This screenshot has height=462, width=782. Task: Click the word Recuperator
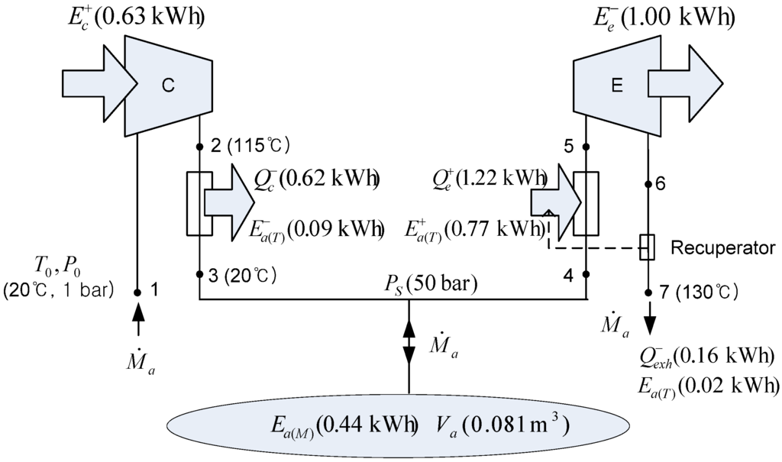coord(723,247)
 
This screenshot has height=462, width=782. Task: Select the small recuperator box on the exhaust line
coord(648,247)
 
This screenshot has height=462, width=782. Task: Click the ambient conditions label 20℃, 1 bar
coord(60,291)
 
